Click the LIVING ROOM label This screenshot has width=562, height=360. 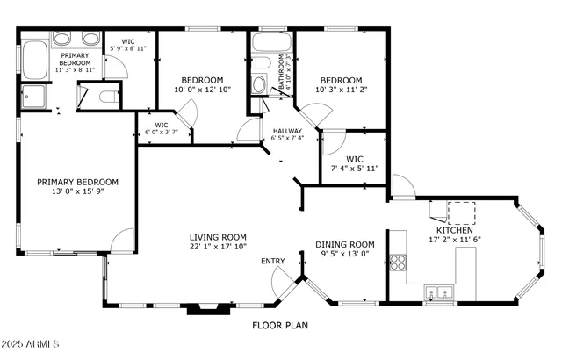[x=219, y=237]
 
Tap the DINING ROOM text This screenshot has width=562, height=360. [x=345, y=245]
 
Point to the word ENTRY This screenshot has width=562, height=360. [x=272, y=261]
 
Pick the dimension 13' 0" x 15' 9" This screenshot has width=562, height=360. [x=77, y=193]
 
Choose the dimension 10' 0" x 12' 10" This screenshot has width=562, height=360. [x=199, y=89]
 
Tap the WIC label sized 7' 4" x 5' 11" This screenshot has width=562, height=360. [x=355, y=159]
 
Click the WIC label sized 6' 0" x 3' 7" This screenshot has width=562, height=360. [x=162, y=126]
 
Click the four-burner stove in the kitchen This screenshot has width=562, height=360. [x=397, y=261]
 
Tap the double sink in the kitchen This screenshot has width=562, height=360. [x=437, y=292]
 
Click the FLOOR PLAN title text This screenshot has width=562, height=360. [x=280, y=325]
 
